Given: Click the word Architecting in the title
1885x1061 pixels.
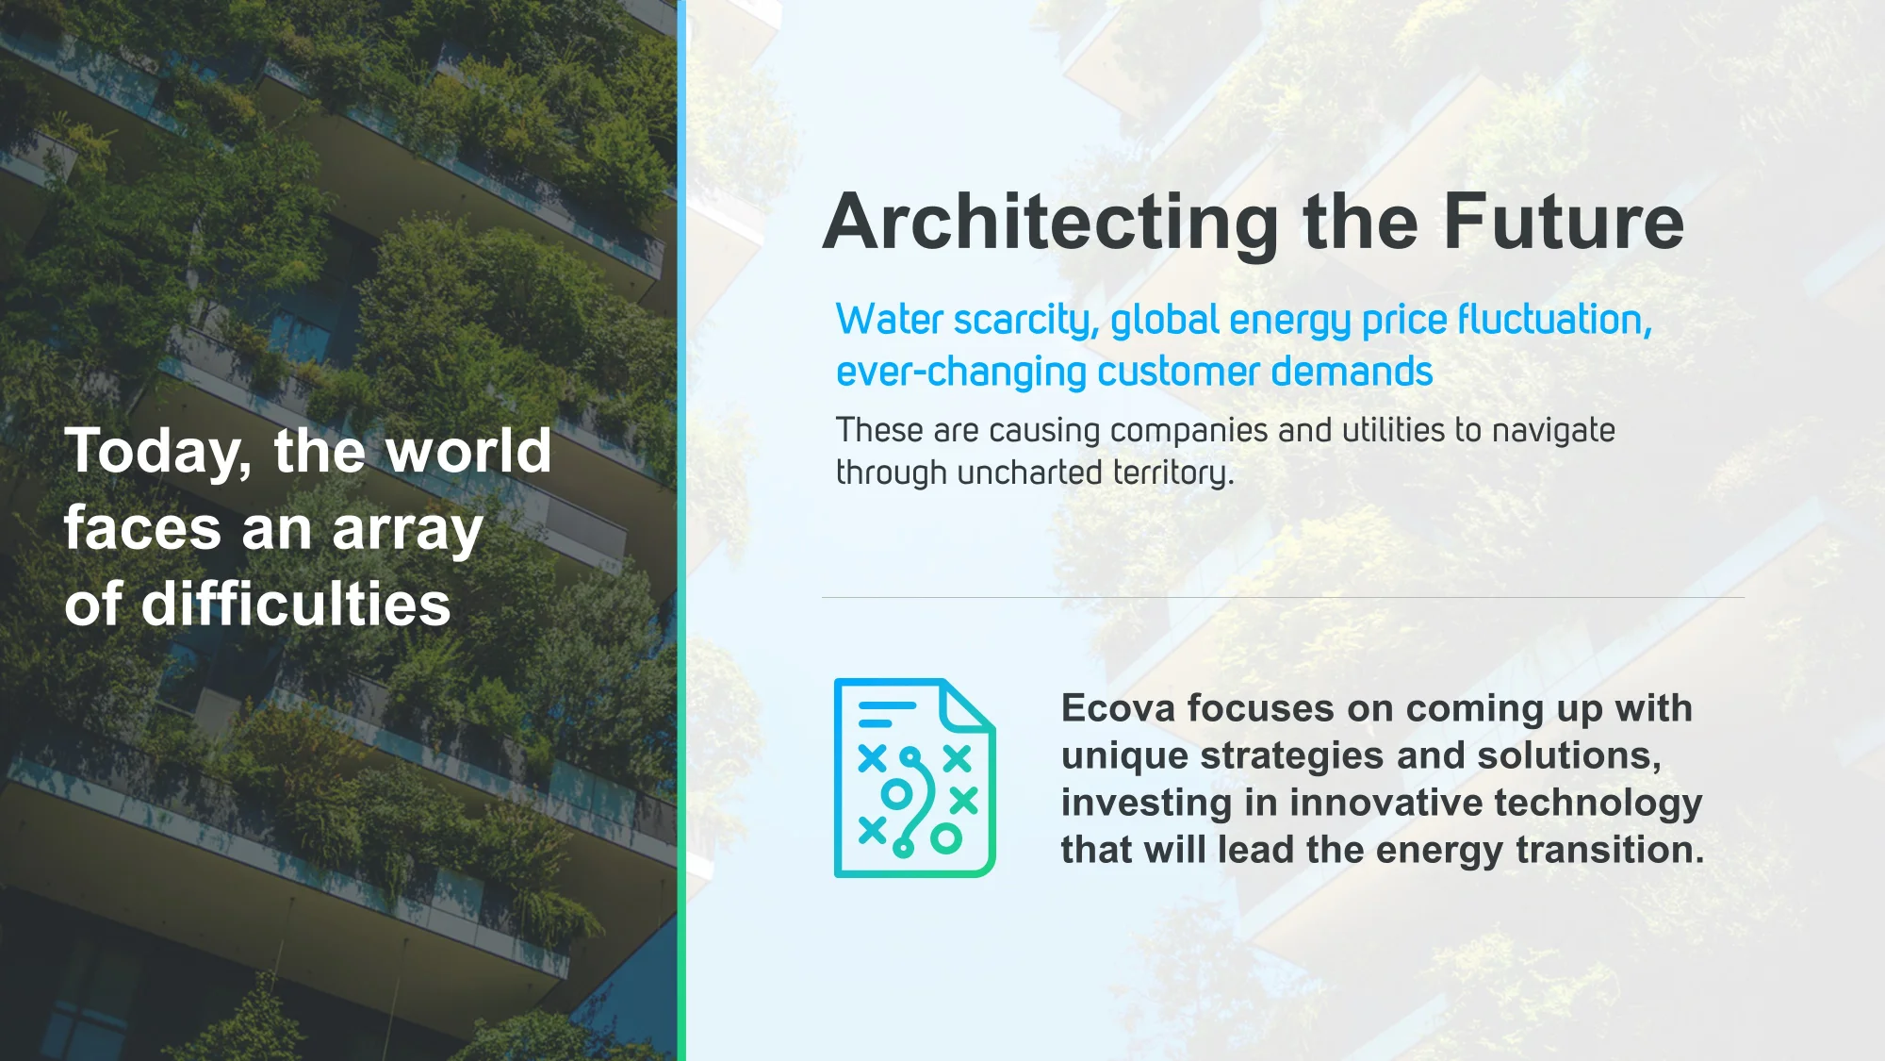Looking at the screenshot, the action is [x=1051, y=224].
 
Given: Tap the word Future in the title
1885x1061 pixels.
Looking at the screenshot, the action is [x=1564, y=222].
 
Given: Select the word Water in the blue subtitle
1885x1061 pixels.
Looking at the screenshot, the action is [x=890, y=320].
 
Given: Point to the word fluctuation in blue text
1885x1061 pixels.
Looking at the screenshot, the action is [x=1555, y=320].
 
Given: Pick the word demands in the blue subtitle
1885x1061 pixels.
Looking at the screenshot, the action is [x=1352, y=372].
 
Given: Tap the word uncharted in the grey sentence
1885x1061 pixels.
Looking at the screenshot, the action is [x=1029, y=472].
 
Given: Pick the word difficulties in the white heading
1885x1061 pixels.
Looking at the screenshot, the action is [x=296, y=604].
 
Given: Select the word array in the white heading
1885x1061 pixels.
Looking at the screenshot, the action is [x=407, y=532].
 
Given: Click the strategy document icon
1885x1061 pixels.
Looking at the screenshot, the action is [x=914, y=778].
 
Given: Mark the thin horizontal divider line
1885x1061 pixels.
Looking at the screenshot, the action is [x=1283, y=597].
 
